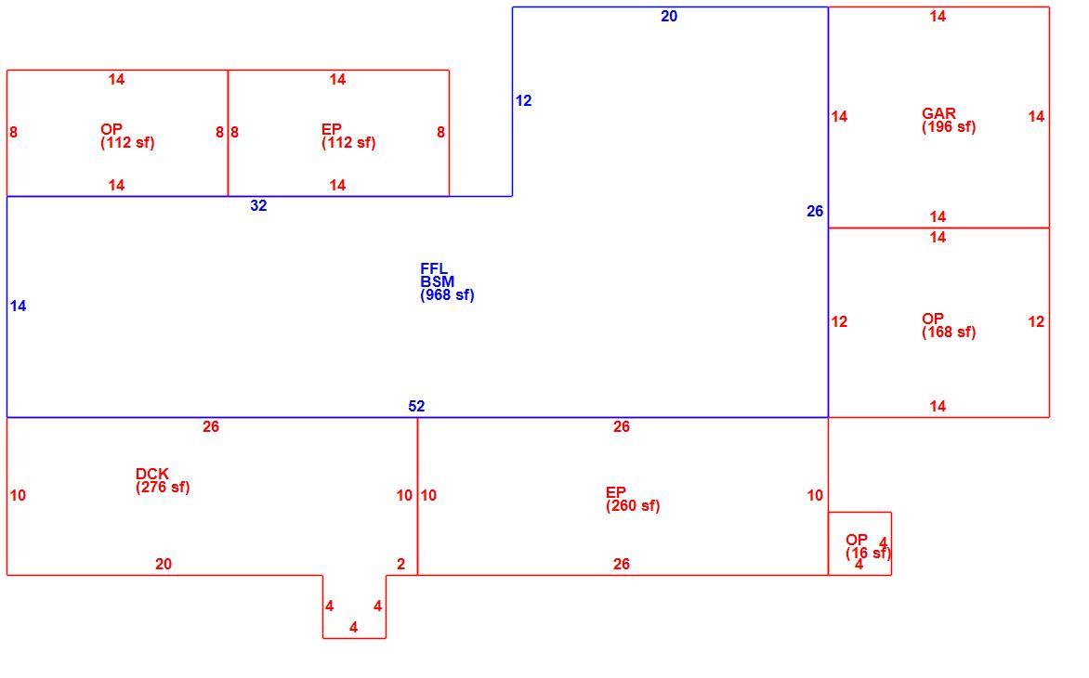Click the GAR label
pyautogui.click(x=938, y=113)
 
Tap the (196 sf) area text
pyautogui.click(x=949, y=127)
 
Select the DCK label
pyautogui.click(x=152, y=474)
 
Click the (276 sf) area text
pyautogui.click(x=163, y=488)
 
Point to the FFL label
pyautogui.click(x=434, y=268)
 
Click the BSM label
pyautogui.click(x=438, y=281)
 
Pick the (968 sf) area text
pyautogui.click(x=447, y=295)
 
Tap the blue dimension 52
pyautogui.click(x=416, y=407)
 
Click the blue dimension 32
pyautogui.click(x=258, y=206)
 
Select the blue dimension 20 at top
pyautogui.click(x=669, y=17)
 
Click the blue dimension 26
pyautogui.click(x=815, y=211)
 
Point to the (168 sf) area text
pyautogui.click(x=949, y=332)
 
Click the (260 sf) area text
pyautogui.click(x=633, y=506)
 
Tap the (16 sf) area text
pyautogui.click(x=868, y=554)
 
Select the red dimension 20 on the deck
pyautogui.click(x=164, y=565)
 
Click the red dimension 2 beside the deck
pyautogui.click(x=400, y=565)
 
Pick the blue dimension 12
pyautogui.click(x=524, y=101)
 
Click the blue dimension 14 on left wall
pyautogui.click(x=18, y=306)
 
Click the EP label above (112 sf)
pyautogui.click(x=332, y=129)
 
